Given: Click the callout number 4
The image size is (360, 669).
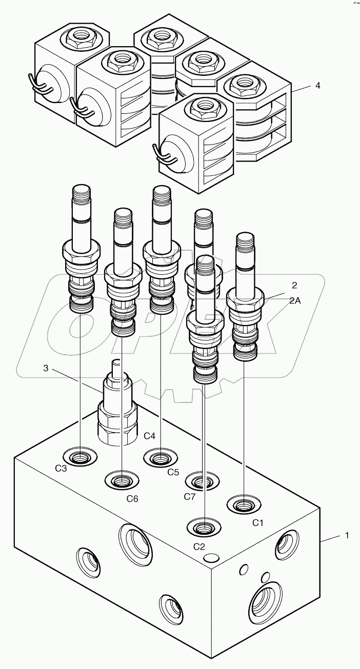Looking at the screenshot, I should point(317,86).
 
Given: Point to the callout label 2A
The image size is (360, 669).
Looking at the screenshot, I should point(295,301).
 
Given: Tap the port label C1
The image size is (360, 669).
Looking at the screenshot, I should point(257,523).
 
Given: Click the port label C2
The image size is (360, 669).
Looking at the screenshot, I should point(199,546).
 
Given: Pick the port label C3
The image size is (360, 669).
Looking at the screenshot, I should point(61,469).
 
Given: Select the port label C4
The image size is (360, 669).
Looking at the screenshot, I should point(149,436).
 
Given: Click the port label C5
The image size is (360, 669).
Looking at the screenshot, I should point(173,472).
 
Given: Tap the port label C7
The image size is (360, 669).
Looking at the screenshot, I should point(190,496).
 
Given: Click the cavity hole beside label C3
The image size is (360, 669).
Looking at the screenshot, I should point(81,455).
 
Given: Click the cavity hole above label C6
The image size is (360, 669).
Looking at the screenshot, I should point(122,481).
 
